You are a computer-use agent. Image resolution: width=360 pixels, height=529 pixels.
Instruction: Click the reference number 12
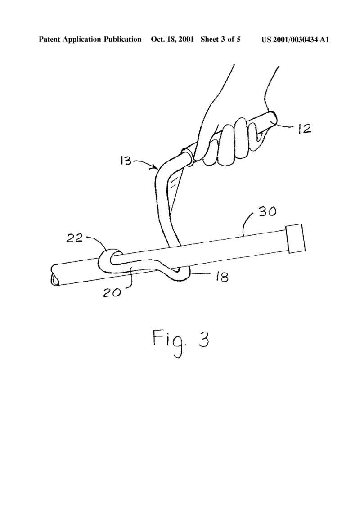pos(305,129)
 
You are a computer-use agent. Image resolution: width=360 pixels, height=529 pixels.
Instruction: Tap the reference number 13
pos(126,160)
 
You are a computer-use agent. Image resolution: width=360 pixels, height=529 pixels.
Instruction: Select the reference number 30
pos(268,211)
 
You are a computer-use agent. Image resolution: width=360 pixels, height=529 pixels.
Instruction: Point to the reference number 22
pos(75,238)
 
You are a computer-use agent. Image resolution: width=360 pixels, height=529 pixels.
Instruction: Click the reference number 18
pos(221,277)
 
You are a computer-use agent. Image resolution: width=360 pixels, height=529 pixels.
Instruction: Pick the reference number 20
pos(112,292)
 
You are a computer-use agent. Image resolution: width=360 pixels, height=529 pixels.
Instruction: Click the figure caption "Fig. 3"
pos(181,341)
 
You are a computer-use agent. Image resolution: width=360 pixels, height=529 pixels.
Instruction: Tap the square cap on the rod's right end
pos(296,238)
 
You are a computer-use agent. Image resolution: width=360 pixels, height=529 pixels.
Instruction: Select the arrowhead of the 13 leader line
pos(155,166)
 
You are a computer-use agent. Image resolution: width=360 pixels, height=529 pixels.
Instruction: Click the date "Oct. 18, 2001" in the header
pos(172,40)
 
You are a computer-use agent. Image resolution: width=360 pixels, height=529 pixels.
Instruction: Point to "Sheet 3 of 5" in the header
pos(220,40)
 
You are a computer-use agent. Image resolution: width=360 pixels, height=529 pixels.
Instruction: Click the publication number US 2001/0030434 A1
pos(295,40)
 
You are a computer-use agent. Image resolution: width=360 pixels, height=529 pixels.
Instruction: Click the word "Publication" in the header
pos(122,40)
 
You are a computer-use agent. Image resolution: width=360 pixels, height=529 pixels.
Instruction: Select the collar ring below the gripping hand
pos(188,155)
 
